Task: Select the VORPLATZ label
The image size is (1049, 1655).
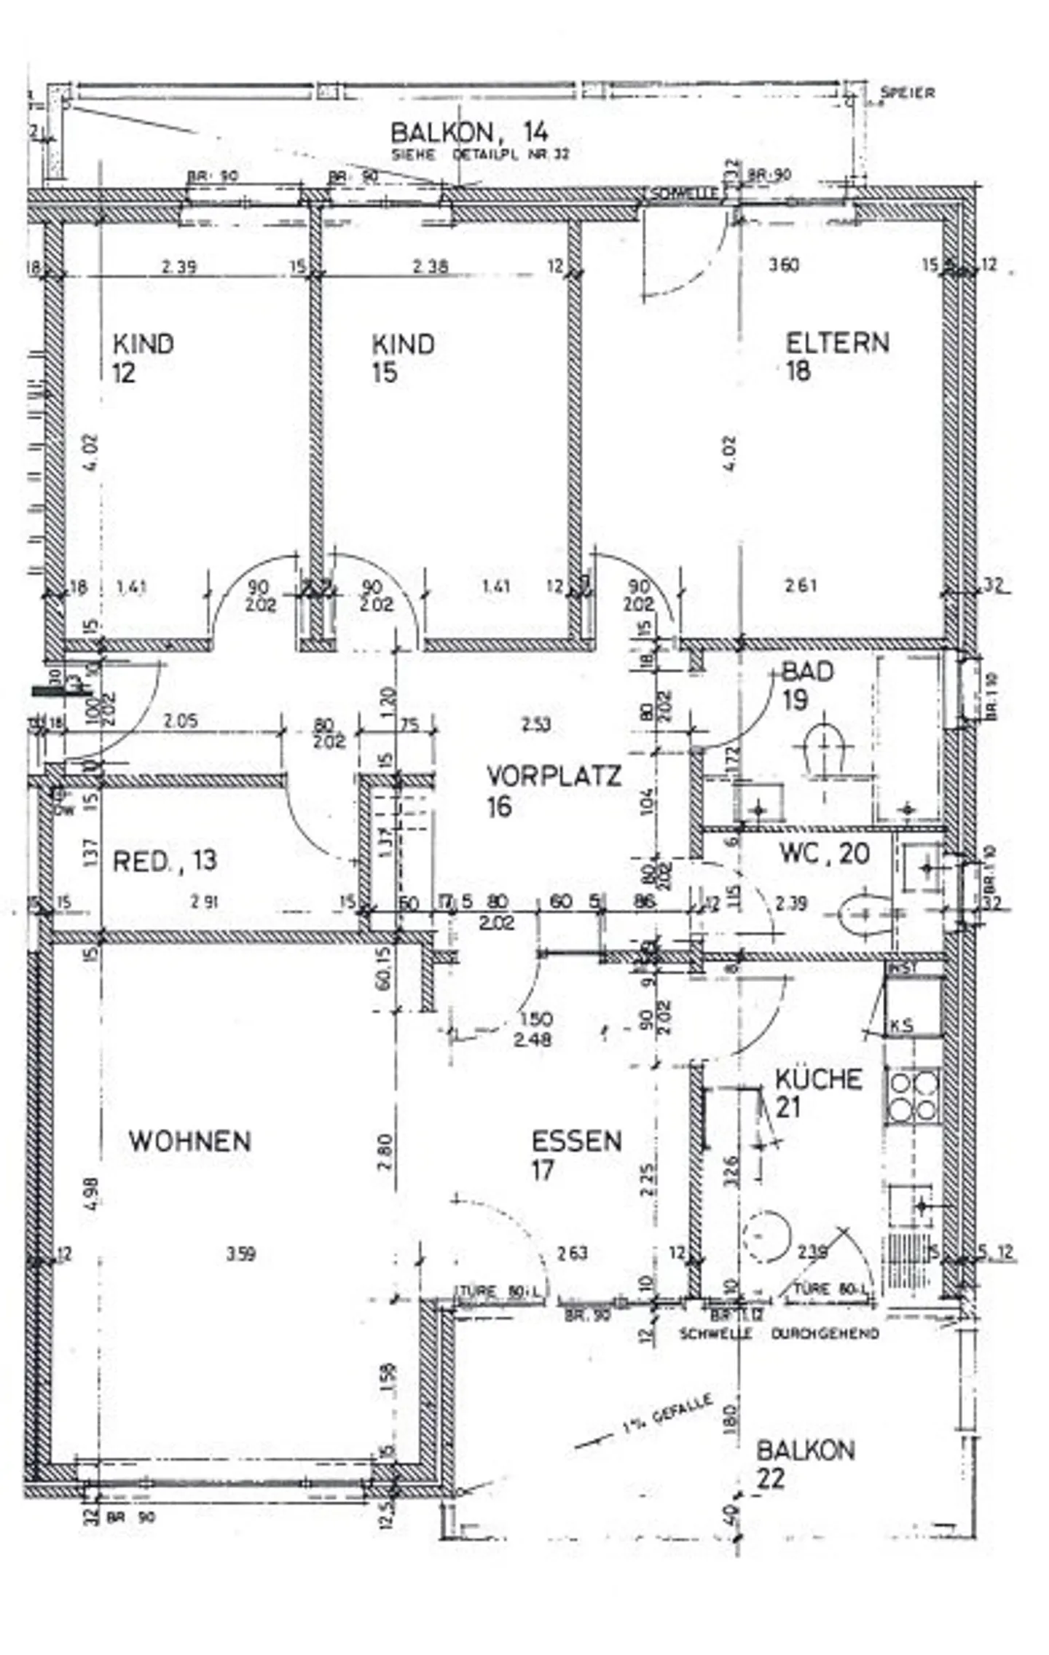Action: click(x=554, y=776)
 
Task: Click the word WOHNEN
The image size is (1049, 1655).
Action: click(x=190, y=1141)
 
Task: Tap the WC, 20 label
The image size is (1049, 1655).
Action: click(x=825, y=853)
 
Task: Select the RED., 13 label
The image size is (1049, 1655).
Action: click(x=165, y=861)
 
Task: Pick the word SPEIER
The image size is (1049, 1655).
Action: click(x=907, y=93)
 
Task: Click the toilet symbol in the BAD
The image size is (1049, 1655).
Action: click(x=825, y=751)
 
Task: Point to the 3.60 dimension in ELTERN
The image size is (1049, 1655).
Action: click(x=784, y=264)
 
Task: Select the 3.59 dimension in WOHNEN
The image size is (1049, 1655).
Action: click(x=240, y=1254)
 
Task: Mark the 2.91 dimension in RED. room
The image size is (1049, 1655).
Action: click(x=205, y=902)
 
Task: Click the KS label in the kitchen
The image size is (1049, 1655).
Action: click(x=901, y=1026)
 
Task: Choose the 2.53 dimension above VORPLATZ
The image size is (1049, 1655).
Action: click(x=536, y=724)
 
